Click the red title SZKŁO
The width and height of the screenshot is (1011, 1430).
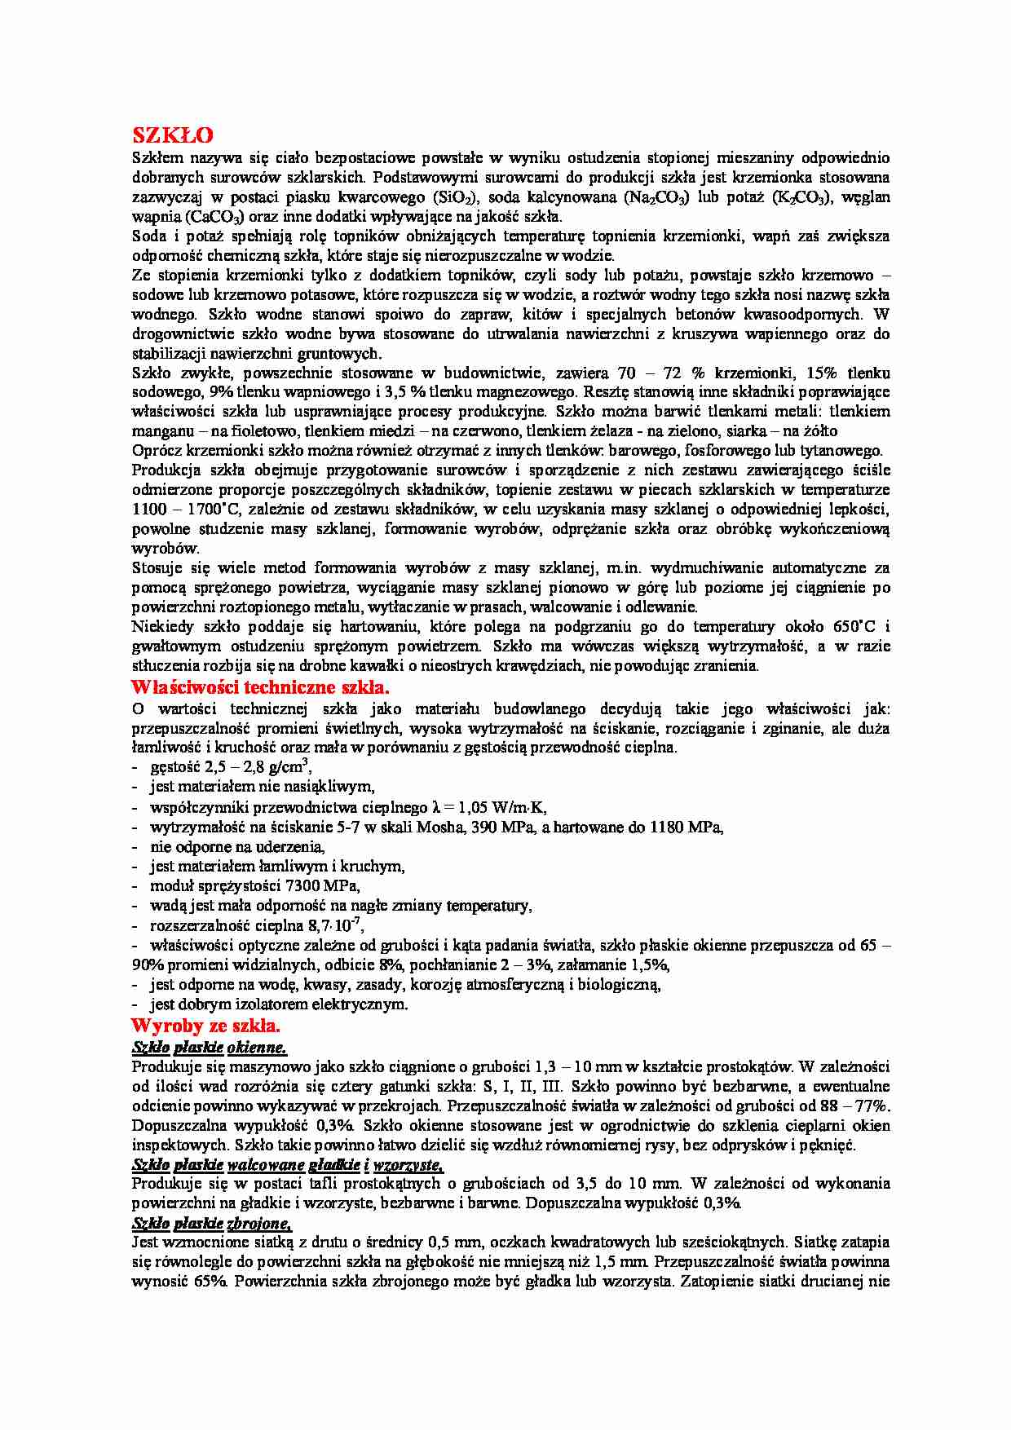173,135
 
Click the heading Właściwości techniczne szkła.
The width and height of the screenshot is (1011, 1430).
260,686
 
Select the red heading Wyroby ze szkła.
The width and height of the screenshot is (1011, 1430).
205,1026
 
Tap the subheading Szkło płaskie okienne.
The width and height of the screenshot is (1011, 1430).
210,1048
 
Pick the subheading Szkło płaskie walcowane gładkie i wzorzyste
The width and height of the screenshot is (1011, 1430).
288,1165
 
